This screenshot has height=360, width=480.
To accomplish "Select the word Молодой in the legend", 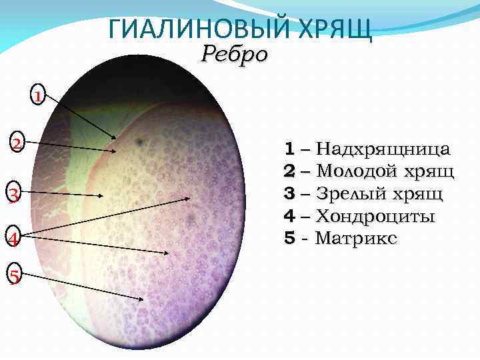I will (x=356, y=171).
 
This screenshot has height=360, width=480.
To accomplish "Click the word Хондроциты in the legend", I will (x=375, y=216).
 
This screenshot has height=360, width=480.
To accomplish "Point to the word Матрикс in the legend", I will (x=357, y=237).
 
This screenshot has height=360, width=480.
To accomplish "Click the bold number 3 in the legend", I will (x=289, y=193).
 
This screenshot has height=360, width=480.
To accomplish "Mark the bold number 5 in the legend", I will (x=289, y=237).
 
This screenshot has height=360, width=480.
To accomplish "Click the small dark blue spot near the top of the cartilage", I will (x=139, y=141).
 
